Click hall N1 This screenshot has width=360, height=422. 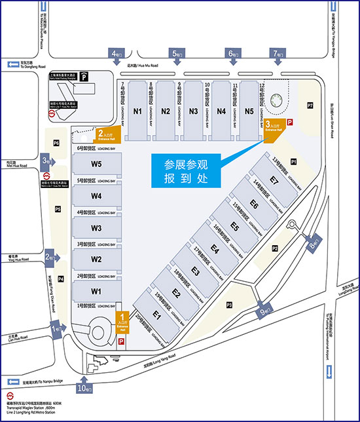click(x=137, y=111)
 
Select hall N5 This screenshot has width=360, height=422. click(x=249, y=111)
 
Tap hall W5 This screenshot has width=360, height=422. click(x=96, y=164)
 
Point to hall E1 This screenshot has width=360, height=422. click(x=156, y=315)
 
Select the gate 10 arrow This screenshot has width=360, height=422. click(x=86, y=386)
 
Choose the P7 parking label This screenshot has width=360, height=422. click(x=310, y=105)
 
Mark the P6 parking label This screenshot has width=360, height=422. click(x=56, y=143)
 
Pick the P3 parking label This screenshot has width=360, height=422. click(x=230, y=305)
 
